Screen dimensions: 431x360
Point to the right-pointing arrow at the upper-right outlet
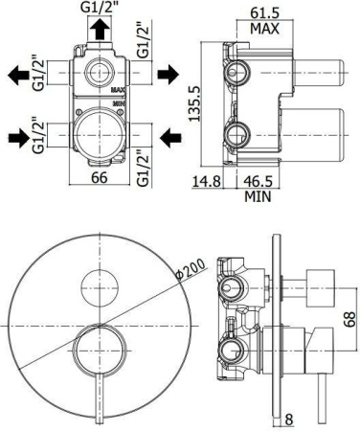click(166, 72)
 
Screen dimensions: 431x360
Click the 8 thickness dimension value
click(287, 419)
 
